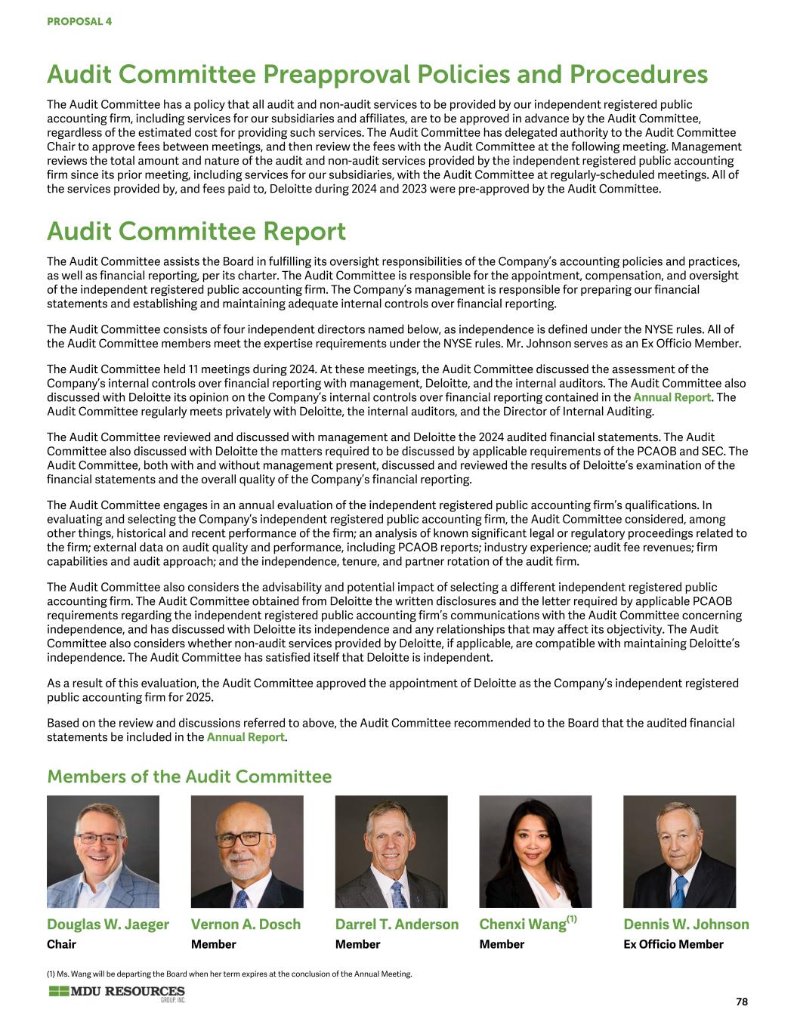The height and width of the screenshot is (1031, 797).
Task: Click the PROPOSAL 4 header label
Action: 79,21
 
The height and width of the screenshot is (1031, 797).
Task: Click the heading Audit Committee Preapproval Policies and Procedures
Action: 377,74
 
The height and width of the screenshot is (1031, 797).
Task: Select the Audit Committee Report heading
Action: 196,230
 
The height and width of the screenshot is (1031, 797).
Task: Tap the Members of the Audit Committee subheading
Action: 189,776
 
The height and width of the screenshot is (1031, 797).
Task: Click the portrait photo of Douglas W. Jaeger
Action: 103,851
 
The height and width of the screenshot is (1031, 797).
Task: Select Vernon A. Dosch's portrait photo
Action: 247,851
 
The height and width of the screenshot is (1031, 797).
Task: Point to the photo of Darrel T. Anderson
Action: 391,851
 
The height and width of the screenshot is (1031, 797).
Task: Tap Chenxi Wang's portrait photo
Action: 535,851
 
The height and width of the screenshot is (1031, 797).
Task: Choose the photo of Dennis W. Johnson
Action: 679,851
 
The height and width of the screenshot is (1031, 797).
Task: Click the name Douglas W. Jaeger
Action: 108,925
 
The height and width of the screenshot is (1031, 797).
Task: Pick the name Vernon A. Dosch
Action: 246,925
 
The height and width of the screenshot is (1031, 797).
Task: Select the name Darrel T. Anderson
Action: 397,925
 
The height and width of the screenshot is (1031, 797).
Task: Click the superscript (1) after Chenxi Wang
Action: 572,919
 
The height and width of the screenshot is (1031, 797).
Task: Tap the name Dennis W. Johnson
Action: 686,925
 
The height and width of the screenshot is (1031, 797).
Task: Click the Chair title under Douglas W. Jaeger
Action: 61,944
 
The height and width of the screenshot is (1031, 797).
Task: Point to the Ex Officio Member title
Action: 673,944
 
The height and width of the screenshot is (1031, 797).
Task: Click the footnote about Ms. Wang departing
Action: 229,974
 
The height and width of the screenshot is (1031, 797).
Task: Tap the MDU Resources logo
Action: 116,993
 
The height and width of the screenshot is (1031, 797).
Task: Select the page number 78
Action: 741,1002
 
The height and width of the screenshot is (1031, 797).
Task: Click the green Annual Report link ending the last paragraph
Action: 246,737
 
